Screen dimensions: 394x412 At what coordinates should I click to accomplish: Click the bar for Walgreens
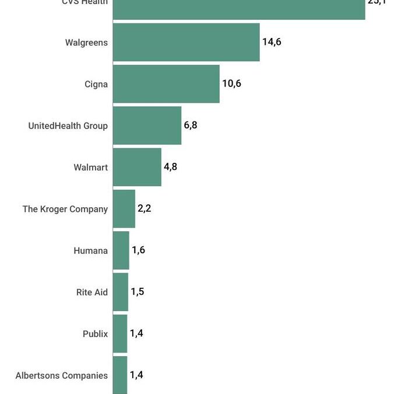point(186,42)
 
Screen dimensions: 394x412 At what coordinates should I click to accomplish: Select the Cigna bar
point(166,83)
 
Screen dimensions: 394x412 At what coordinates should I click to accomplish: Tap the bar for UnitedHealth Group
point(147,125)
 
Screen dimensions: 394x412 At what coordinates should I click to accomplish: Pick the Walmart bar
point(137,167)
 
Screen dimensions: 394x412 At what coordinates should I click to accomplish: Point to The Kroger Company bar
point(124,208)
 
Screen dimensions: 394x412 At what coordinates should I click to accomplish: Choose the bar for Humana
point(121,250)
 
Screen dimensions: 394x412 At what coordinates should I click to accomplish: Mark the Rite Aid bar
point(120,292)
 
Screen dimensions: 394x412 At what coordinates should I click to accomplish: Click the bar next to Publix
point(119,333)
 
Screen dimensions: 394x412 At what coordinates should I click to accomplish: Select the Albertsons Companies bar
point(119,375)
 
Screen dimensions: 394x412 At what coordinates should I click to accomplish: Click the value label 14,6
point(272,42)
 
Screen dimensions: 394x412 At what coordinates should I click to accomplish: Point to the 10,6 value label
point(231,83)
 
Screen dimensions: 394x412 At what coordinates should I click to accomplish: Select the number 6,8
point(191,125)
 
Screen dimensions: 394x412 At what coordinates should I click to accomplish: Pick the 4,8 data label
point(170,167)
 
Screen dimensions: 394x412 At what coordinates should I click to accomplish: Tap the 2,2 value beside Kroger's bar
point(145,208)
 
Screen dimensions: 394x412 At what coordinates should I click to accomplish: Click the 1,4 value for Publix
point(136,333)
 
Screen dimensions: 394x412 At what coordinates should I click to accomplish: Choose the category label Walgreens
point(86,43)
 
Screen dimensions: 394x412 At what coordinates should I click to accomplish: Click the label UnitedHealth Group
point(68,125)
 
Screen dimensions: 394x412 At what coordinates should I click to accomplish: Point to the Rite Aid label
point(92,292)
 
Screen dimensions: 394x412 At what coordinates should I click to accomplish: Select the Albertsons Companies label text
point(61,375)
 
